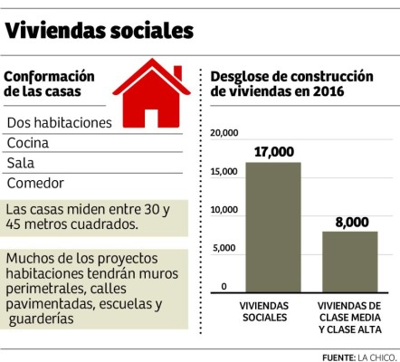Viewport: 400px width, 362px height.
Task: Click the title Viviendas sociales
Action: click(100, 30)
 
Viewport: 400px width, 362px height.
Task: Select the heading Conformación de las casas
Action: click(51, 83)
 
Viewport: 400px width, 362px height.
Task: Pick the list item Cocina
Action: click(29, 142)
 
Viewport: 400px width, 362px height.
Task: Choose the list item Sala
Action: click(21, 163)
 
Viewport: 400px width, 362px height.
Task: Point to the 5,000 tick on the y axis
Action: click(226, 248)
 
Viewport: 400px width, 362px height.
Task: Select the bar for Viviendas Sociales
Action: click(273, 226)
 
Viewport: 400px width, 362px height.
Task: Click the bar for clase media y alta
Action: click(349, 261)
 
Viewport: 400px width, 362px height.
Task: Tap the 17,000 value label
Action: click(273, 151)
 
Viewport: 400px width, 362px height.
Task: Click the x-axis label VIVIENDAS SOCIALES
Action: click(273, 312)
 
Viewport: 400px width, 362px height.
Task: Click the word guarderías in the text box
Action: click(42, 319)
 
